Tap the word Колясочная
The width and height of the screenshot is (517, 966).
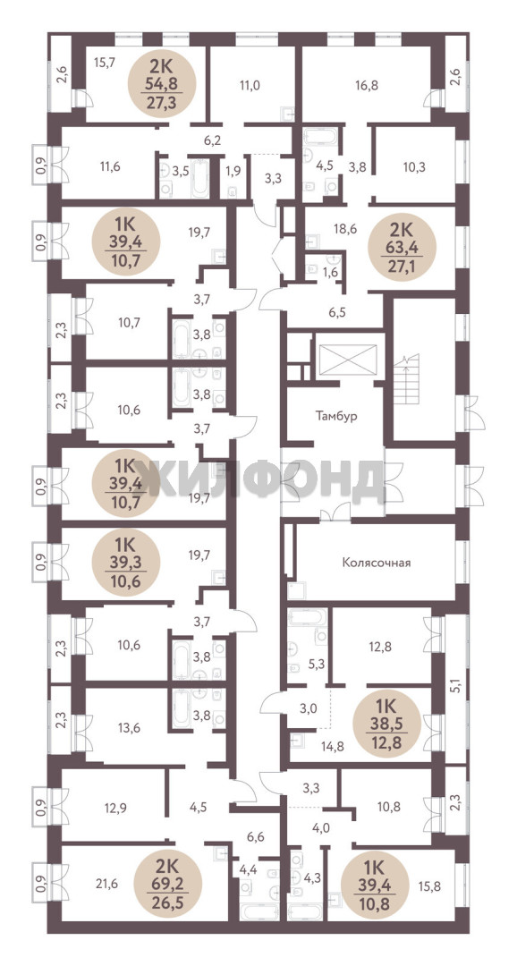click(x=376, y=563)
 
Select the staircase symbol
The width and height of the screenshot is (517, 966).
click(x=407, y=379)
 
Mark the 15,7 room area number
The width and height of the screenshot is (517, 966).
click(x=105, y=62)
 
